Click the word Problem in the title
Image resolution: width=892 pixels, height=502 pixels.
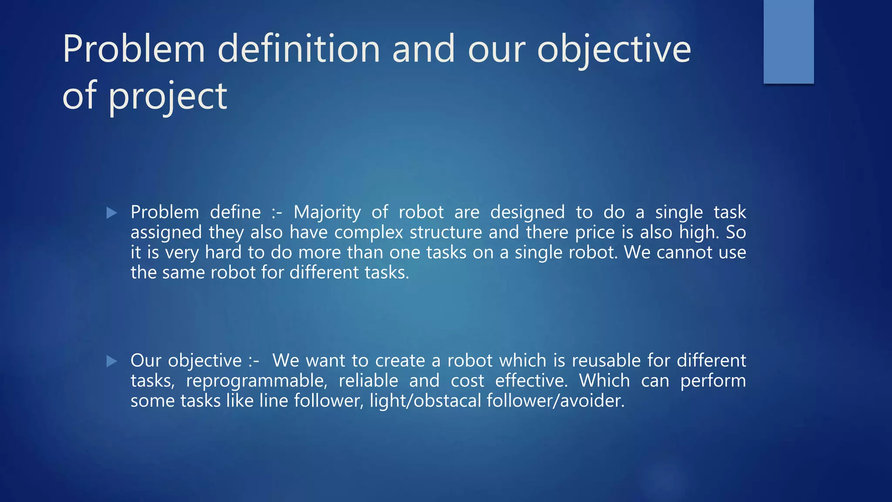pos(134,49)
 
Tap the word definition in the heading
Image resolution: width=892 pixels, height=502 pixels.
pos(299,49)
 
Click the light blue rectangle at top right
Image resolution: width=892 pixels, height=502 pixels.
pos(788,41)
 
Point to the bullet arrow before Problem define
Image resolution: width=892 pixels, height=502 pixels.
pos(111,213)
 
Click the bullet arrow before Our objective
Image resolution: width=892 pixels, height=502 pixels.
pos(111,361)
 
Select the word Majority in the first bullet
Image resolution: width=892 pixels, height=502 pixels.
pos(327,213)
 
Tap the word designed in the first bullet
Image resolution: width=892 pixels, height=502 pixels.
pos(527,213)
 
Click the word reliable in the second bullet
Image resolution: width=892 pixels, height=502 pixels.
pos(368,381)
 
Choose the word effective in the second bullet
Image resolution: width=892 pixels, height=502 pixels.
pos(531,381)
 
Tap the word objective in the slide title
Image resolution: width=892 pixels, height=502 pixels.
pos(614,49)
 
